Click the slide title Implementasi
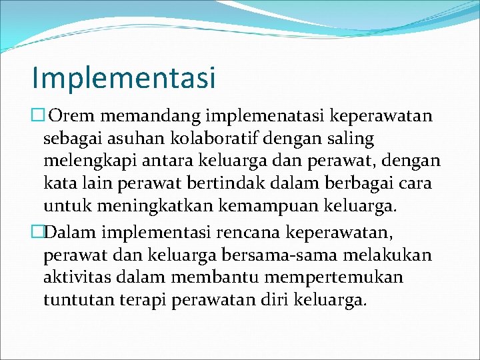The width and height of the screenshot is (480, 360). [x=124, y=78]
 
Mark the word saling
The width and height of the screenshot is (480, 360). [x=351, y=139]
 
